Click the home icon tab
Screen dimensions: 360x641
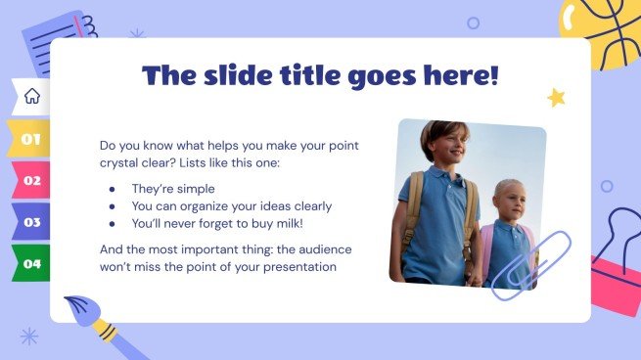point(31,96)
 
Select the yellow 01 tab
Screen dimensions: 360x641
point(31,139)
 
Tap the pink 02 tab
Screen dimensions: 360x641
point(31,180)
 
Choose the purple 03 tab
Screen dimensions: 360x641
point(31,222)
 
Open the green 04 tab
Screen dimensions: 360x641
point(31,263)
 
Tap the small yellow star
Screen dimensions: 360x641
point(556,97)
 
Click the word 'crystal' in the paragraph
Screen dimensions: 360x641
point(122,162)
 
